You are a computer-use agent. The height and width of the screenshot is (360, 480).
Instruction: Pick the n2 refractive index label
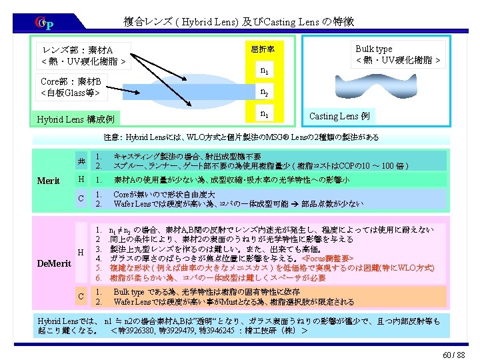[265, 92]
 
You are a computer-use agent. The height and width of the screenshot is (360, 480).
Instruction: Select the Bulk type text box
[397, 55]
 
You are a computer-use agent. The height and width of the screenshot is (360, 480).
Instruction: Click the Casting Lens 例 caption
[339, 116]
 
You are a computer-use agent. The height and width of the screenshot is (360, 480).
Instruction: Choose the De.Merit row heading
[54, 263]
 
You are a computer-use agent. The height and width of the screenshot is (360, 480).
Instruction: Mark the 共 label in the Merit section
[81, 161]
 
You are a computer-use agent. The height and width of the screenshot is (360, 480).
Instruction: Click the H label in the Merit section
[81, 180]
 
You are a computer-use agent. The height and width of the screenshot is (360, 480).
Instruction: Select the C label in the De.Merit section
[81, 296]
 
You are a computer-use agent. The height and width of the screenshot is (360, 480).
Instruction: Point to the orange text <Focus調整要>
[329, 257]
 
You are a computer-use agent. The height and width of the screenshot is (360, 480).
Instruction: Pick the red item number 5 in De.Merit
[98, 267]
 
